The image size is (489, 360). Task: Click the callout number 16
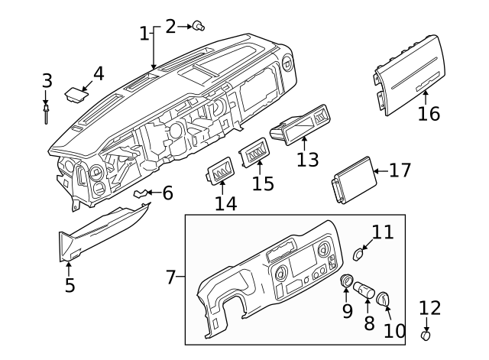pos(429,114)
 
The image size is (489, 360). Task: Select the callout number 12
pos(430,308)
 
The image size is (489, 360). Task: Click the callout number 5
pos(70,286)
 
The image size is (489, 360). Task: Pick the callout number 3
pos(47,80)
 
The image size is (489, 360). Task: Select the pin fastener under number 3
pos(47,114)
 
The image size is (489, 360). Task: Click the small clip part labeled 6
pos(141,194)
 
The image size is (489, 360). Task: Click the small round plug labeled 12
pos(427,335)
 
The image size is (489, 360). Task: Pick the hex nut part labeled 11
pos(359,252)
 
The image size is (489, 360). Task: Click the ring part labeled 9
pos(346,281)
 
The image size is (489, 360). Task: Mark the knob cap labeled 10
pos(383,296)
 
